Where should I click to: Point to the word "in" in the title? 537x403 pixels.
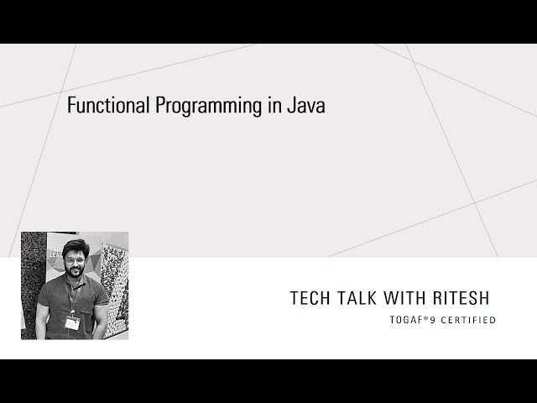point(268,106)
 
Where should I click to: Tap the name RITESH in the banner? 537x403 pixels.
point(464,298)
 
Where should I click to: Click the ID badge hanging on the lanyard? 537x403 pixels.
point(73,322)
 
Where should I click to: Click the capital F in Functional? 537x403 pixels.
point(70,106)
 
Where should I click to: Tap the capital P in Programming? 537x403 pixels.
point(157,106)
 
